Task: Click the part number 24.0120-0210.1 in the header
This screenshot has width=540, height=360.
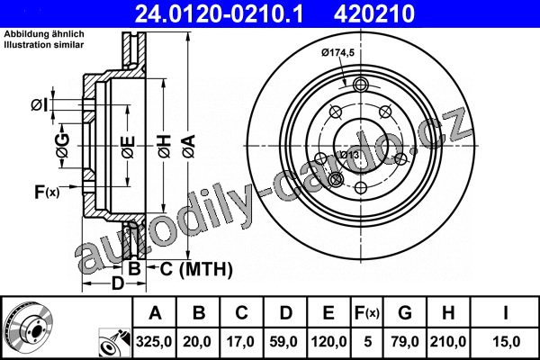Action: pos(219,13)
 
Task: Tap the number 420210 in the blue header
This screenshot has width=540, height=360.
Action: pos(374,13)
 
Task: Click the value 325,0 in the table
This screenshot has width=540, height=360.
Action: pos(154,342)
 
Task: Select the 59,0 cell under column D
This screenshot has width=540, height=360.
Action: pos(284,342)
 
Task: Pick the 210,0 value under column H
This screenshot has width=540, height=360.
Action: pos(447,342)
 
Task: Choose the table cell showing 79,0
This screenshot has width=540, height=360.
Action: pos(405,342)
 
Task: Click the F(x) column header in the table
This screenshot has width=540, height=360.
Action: pos(367,313)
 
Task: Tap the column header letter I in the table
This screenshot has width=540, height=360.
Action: pos(506,313)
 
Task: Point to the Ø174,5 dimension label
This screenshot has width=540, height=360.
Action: pos(337,53)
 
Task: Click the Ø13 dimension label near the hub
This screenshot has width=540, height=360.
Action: pos(349,155)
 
